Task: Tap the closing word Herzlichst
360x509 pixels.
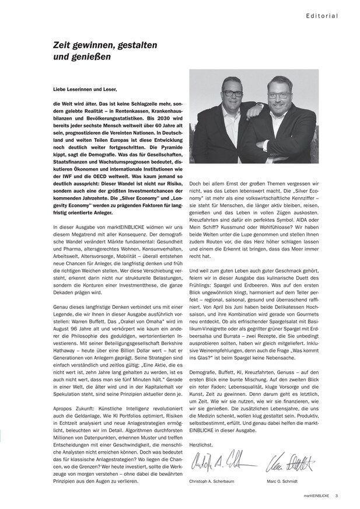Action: click(202, 444)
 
